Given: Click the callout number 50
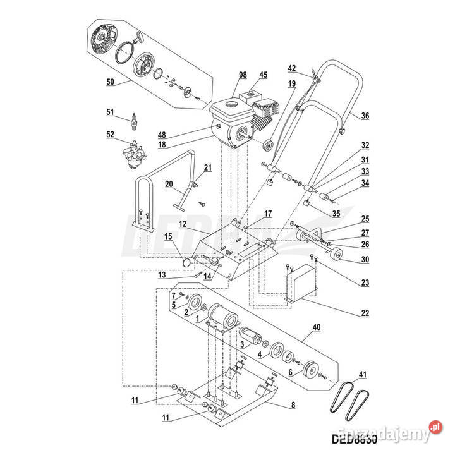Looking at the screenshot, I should click(x=111, y=83).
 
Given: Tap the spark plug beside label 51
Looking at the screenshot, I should click(x=133, y=118).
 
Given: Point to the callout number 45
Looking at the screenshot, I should click(x=263, y=75).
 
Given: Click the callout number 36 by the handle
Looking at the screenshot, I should click(x=365, y=116).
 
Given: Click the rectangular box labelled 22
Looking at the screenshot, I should click(x=301, y=283).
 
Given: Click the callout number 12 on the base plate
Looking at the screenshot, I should click(x=181, y=224).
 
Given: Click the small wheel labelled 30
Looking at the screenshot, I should click(x=336, y=256).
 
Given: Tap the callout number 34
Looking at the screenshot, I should click(x=365, y=184).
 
